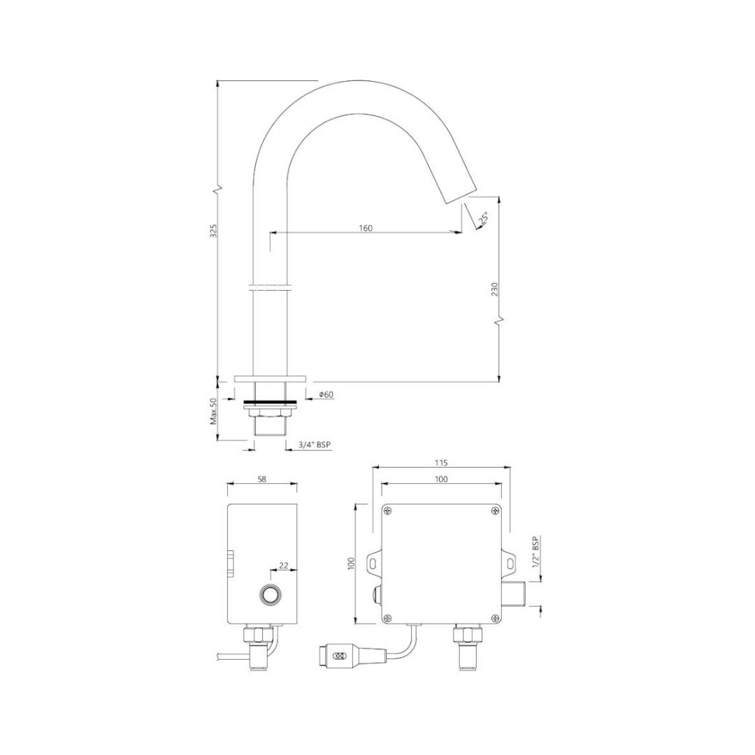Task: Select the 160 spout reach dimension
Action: [x=366, y=228]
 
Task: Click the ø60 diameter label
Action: [x=326, y=395]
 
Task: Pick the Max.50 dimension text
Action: [x=214, y=411]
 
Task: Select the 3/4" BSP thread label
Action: [x=315, y=445]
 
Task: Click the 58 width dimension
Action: [x=262, y=479]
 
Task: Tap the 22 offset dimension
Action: [x=284, y=566]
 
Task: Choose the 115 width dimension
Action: [x=441, y=463]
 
